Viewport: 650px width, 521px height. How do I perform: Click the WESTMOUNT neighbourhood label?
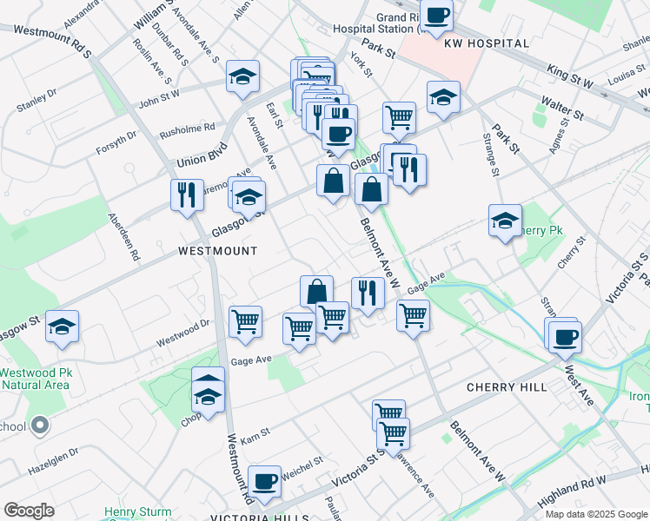pos(217,250)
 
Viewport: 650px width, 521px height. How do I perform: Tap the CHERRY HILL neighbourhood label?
pos(507,386)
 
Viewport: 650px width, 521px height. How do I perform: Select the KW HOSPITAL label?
pos(486,43)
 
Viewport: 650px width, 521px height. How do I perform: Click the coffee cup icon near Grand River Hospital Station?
pos(437,15)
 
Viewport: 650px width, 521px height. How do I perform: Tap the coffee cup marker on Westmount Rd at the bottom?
pos(264,481)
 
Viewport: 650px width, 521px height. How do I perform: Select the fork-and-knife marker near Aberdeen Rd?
pos(186,195)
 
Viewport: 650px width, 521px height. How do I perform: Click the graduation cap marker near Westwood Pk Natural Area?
pos(62,326)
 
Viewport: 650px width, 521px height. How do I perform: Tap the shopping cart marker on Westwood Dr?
pos(246,321)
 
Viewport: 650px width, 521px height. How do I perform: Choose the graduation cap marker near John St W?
pos(242,76)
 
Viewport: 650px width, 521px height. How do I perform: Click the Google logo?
pos(29,511)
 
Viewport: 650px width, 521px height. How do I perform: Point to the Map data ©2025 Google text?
pos(595,514)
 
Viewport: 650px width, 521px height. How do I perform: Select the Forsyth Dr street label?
pos(116,141)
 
